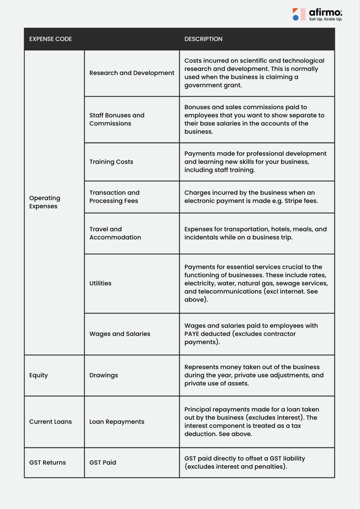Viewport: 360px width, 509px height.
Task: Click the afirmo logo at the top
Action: click(x=317, y=14)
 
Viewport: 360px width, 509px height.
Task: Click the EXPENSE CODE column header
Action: click(x=50, y=39)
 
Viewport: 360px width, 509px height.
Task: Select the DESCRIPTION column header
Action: click(x=203, y=39)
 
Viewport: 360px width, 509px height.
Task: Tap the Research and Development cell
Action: click(x=131, y=73)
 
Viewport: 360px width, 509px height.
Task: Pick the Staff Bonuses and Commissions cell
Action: click(x=117, y=119)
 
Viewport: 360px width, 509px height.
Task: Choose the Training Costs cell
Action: click(x=111, y=162)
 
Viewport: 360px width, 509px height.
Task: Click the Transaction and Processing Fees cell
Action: click(x=114, y=197)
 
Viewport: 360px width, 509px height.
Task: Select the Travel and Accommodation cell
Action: click(x=115, y=233)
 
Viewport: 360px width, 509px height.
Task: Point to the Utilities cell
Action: click(x=100, y=283)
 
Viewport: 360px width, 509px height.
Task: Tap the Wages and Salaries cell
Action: click(x=119, y=334)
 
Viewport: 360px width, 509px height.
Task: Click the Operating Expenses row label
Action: click(x=45, y=202)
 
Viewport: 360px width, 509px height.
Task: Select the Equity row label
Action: click(x=39, y=375)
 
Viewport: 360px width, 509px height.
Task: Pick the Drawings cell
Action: click(x=103, y=375)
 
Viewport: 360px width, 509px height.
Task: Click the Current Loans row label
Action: click(x=50, y=422)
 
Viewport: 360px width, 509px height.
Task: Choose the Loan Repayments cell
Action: click(x=117, y=422)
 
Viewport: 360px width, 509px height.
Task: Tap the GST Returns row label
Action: click(x=47, y=463)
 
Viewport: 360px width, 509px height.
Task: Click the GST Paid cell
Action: click(x=103, y=463)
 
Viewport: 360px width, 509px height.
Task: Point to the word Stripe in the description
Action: click(x=292, y=201)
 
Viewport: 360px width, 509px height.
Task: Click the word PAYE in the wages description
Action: click(x=193, y=334)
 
